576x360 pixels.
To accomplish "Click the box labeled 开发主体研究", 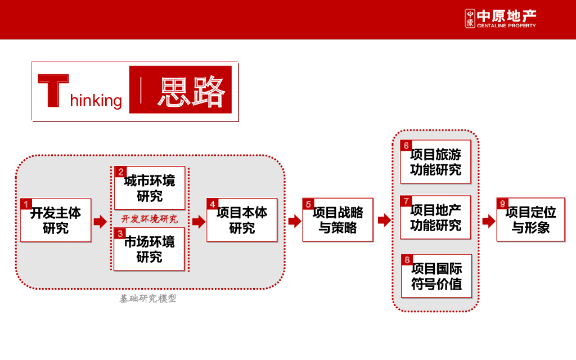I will coord(56,220).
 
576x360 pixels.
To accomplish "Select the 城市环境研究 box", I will coord(150,188).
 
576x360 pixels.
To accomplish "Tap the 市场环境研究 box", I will coord(150,249).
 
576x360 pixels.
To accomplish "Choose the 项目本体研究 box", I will coord(242,220).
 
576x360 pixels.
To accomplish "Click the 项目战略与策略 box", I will coord(337,220).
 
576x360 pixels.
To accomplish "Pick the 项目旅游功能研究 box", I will coord(435,162).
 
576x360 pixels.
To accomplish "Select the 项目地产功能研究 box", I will coord(435,218).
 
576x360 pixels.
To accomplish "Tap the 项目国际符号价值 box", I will coord(436,276).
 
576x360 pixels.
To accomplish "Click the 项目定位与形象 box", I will coord(530,220).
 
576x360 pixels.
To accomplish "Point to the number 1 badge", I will coord(26,204).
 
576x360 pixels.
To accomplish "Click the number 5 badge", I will coord(308,204).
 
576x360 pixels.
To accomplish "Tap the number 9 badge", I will coord(502,204).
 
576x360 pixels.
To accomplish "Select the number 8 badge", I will coord(407,260).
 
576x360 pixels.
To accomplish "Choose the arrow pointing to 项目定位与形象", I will coord(488,222).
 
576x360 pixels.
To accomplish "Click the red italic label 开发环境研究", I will coord(150,219).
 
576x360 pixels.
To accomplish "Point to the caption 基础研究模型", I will coord(148,299).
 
